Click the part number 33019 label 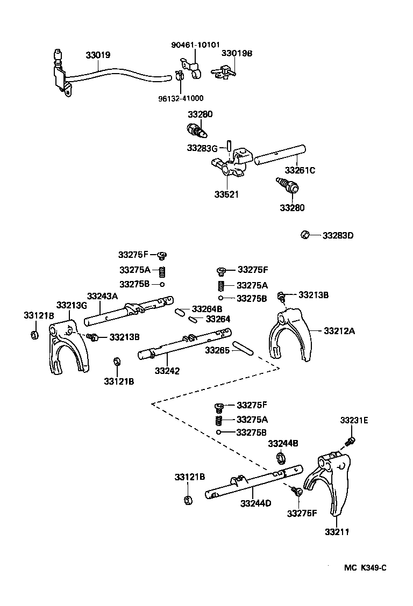coord(98,55)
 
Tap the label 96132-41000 coord(181,98)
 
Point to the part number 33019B coord(237,54)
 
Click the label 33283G coord(202,147)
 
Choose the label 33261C coord(300,170)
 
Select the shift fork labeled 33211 coord(329,484)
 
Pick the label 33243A coord(102,296)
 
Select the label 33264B coord(207,309)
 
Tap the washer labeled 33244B coord(280,457)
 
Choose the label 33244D coord(255,503)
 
